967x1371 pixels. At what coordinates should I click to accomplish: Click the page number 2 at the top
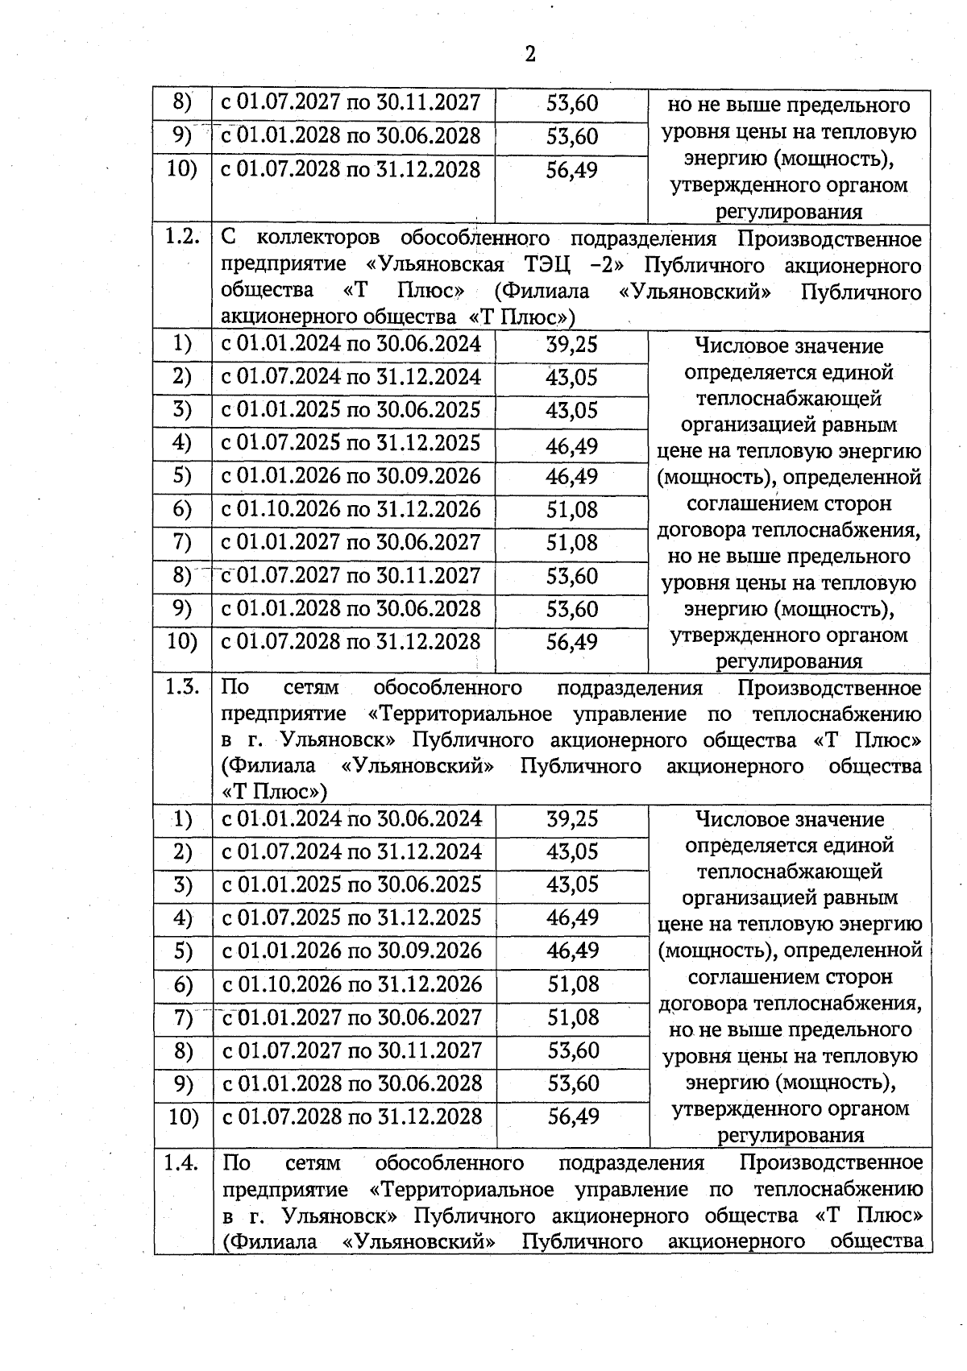pos(529,55)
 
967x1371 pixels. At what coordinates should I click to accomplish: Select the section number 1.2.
pos(182,238)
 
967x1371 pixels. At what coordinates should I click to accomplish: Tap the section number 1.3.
pos(182,687)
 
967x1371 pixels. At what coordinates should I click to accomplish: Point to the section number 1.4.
pos(182,1162)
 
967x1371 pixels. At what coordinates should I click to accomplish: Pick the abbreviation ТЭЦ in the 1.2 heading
pos(551,265)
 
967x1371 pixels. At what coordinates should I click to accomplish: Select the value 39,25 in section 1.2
pos(571,344)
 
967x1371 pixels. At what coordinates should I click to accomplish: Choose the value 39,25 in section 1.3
pos(572,818)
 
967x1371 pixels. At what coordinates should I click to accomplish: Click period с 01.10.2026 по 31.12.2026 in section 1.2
pos(351,509)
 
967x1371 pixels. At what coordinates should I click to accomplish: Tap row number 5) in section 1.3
pos(184,951)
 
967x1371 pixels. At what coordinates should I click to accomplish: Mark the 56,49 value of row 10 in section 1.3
pos(573,1116)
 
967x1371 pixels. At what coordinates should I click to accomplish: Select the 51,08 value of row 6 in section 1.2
pos(571,509)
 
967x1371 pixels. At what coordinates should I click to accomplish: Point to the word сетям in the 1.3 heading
pos(311,687)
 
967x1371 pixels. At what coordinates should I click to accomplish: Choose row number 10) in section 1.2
pos(182,641)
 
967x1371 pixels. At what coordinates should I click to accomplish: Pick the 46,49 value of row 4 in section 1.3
pos(572,917)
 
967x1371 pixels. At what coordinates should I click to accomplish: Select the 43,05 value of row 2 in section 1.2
pos(571,377)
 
